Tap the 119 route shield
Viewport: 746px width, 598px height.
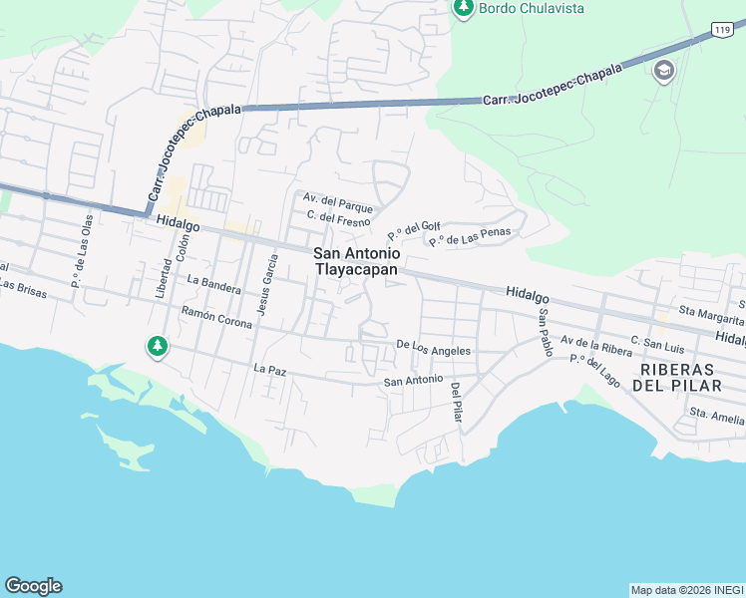click(x=723, y=31)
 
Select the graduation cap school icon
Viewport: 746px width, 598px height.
click(x=663, y=72)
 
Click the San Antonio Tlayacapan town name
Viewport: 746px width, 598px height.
click(x=356, y=261)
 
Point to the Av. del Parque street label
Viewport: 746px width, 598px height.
click(x=339, y=207)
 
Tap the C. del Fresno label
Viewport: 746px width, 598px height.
click(x=338, y=220)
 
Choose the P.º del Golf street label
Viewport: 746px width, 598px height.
click(x=413, y=230)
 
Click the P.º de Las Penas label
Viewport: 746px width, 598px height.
click(x=470, y=237)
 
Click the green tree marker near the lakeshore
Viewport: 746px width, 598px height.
click(x=157, y=346)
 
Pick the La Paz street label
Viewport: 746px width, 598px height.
click(x=269, y=369)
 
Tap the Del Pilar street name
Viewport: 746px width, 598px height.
click(x=456, y=403)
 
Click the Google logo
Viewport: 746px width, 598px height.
click(x=33, y=586)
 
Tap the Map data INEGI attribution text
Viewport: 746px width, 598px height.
click(x=686, y=590)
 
